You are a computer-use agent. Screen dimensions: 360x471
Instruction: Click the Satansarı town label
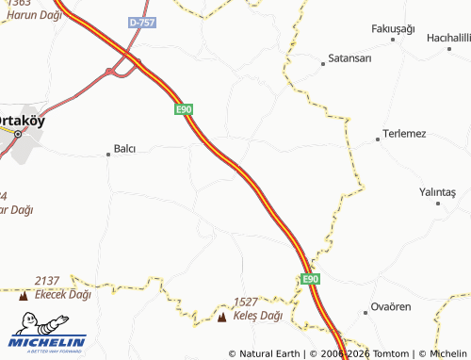(x=350, y=58)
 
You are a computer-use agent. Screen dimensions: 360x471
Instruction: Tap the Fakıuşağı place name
(x=393, y=29)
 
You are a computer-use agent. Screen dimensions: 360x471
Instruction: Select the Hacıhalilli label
(x=448, y=37)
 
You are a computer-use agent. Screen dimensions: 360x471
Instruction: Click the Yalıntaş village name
(x=437, y=192)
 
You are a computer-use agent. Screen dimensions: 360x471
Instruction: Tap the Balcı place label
(x=125, y=149)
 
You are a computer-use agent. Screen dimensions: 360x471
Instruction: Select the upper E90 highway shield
(x=184, y=110)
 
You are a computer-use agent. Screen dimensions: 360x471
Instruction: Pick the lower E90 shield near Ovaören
(x=312, y=280)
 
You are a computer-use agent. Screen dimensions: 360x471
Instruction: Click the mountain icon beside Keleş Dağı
(x=221, y=318)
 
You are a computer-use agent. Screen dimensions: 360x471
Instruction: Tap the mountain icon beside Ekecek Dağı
(x=24, y=296)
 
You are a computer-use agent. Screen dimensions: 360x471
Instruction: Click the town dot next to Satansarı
(x=323, y=63)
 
